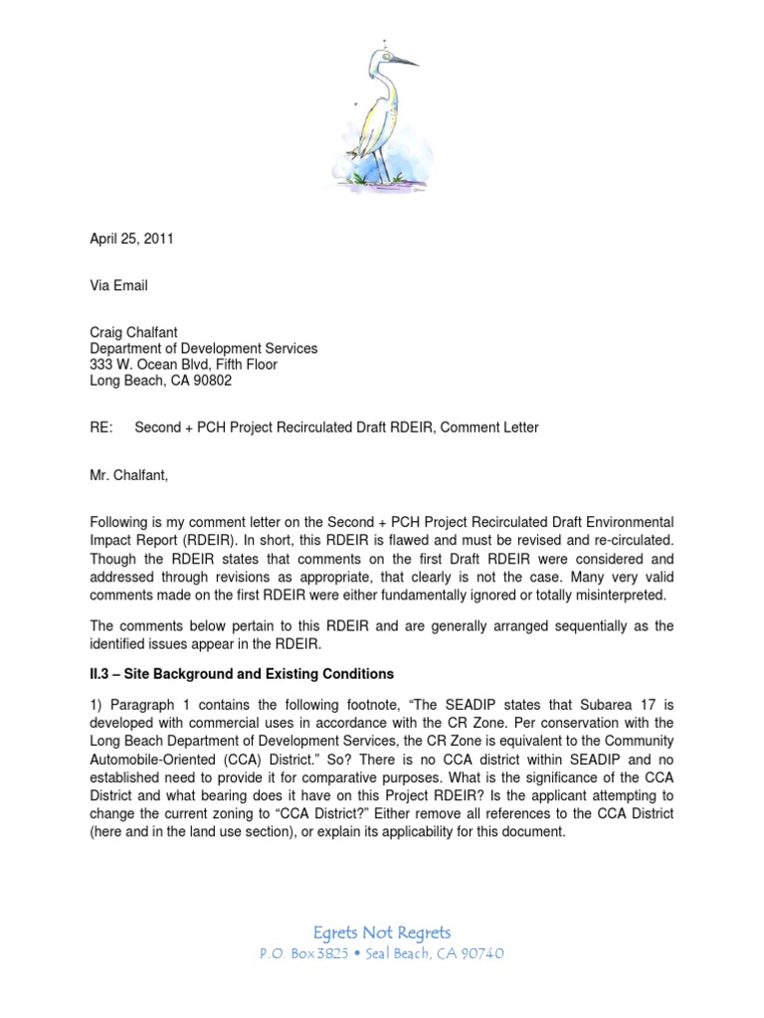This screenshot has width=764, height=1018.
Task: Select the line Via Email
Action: pyautogui.click(x=118, y=285)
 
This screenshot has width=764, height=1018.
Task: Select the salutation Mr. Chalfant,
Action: pyautogui.click(x=129, y=475)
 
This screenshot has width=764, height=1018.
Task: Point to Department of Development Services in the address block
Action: pyautogui.click(x=204, y=349)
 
